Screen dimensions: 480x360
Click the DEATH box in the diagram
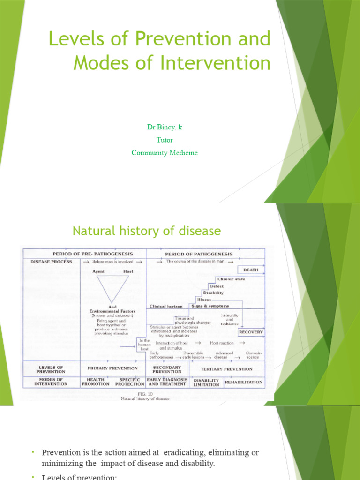point(251,270)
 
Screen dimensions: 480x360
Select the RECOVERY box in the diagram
point(251,332)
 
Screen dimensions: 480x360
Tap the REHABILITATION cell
point(244,382)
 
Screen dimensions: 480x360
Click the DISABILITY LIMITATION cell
point(206,382)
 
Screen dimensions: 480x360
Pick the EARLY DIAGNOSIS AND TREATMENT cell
point(167,382)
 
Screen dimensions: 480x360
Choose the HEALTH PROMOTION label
point(96,382)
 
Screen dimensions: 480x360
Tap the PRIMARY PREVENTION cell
point(112,368)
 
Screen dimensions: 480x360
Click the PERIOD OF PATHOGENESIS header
point(199,254)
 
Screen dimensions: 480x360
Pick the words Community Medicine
point(165,153)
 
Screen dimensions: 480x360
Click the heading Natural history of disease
point(146,231)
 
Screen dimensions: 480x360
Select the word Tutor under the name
point(165,140)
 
